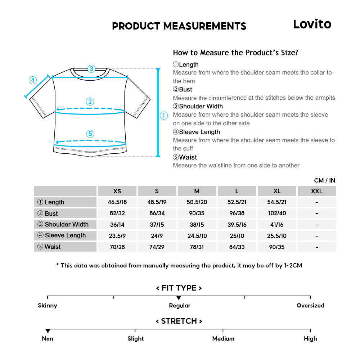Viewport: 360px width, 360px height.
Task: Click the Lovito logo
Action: tap(312, 24)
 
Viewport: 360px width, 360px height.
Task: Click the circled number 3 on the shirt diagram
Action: tap(91, 68)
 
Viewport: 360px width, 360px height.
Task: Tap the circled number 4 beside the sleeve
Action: tap(33, 80)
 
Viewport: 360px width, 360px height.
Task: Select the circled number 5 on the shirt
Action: tap(90, 134)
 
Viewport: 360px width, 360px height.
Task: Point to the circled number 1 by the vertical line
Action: tap(164, 116)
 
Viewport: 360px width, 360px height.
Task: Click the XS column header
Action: tap(117, 191)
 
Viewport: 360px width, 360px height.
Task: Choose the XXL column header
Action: tap(317, 191)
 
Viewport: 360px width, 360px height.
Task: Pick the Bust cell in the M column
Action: tap(197, 213)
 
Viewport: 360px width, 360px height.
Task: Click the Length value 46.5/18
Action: tap(117, 202)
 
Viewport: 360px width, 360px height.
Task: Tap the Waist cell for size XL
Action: tap(277, 247)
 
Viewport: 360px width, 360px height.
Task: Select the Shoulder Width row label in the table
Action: tap(66, 224)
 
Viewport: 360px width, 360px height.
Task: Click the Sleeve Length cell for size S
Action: tap(157, 235)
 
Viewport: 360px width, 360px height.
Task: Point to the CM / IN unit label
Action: tap(324, 180)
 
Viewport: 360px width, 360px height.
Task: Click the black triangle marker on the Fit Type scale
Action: tap(179, 298)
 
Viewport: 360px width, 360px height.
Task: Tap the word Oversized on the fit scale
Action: tap(310, 306)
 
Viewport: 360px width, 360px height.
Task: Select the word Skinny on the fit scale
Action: tap(48, 306)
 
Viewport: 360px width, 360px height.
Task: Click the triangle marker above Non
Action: tap(48, 331)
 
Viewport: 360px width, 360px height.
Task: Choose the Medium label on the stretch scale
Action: tap(223, 338)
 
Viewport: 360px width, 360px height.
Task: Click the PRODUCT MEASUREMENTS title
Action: tap(179, 26)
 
